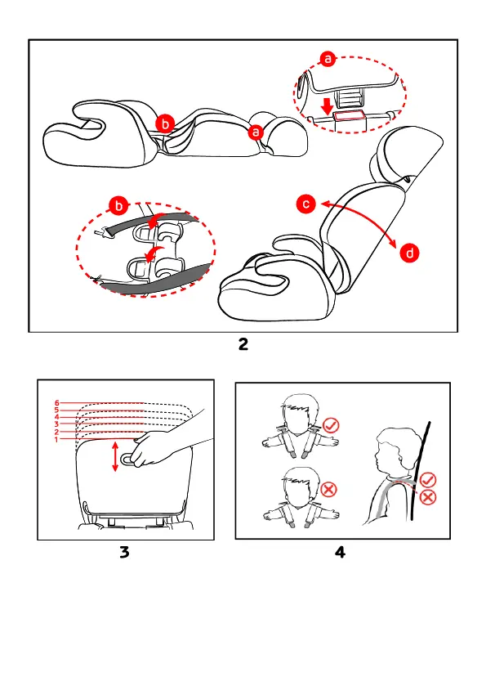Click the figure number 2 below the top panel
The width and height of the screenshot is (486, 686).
click(243, 344)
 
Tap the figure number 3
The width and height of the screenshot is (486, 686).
click(124, 552)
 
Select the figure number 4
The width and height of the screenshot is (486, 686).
click(340, 552)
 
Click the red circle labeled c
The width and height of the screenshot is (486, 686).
click(306, 204)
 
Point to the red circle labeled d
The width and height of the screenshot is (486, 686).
click(409, 253)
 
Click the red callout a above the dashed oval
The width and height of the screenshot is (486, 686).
click(328, 58)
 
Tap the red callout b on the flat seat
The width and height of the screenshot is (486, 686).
click(165, 123)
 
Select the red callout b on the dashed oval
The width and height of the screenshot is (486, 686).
click(119, 205)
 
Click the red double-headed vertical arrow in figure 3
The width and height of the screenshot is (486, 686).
click(115, 456)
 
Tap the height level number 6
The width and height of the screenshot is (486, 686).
click(57, 403)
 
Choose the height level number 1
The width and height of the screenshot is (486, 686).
click(56, 439)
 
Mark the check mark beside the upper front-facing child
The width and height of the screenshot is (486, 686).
click(331, 425)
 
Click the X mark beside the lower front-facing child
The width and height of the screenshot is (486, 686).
click(328, 489)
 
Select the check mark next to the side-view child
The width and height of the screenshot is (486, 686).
click(428, 480)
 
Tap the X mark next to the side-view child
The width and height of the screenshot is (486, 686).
click(428, 497)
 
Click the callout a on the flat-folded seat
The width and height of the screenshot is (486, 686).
click(256, 132)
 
